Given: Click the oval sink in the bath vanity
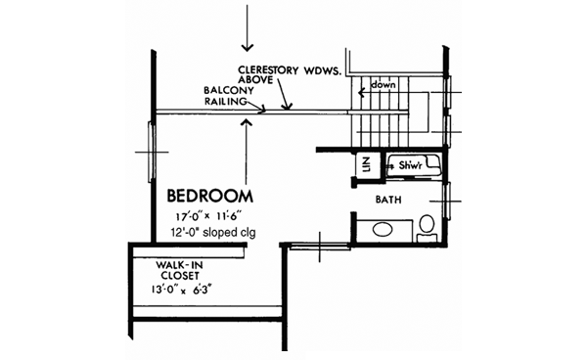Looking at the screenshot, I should point(383,232).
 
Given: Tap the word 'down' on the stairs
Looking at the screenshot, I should point(383,85).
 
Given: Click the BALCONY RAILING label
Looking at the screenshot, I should point(230,96).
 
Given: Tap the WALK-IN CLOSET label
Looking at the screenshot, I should point(179,270).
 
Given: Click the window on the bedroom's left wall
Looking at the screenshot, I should point(149,151).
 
